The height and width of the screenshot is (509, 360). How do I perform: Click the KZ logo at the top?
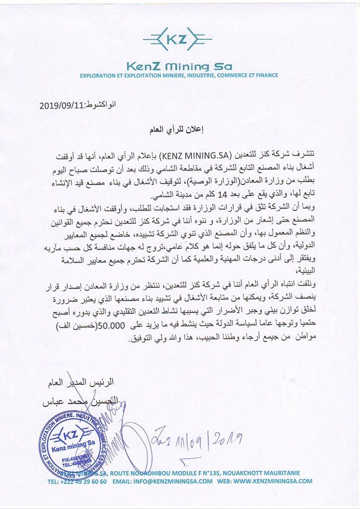(x=178, y=40)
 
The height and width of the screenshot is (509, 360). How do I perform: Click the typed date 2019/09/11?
(x=62, y=105)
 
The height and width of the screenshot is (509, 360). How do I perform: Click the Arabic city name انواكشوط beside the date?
(x=100, y=105)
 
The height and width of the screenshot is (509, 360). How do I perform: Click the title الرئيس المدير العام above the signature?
(x=84, y=381)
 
